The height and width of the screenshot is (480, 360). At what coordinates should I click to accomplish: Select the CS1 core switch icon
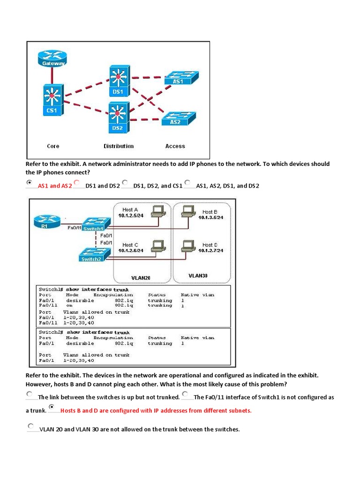coord(51,100)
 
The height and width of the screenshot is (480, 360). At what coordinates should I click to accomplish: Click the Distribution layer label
coord(119,146)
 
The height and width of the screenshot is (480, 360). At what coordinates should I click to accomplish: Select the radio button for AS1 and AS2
coord(30,182)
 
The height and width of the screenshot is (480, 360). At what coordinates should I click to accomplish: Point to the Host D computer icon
coord(188,246)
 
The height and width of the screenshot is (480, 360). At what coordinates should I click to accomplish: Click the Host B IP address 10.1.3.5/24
coord(210,217)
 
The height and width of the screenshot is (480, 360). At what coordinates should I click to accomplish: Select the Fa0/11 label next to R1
coord(75,227)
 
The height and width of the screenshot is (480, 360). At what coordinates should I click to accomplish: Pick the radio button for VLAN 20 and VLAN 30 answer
coord(31,426)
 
